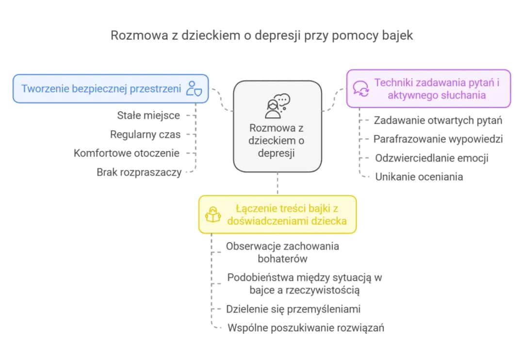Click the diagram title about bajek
(262, 35)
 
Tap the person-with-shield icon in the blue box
(194, 89)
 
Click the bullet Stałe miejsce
(148, 115)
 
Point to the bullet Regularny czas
(145, 134)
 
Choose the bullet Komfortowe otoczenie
(127, 153)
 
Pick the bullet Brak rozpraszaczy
(139, 172)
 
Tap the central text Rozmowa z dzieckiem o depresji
(277, 141)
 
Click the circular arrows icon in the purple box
(360, 88)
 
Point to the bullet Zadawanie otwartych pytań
(438, 120)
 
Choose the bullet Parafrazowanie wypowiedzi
(438, 139)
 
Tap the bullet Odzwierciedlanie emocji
(432, 158)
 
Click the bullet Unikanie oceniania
(419, 177)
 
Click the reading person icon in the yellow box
(213, 214)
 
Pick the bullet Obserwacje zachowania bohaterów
(282, 252)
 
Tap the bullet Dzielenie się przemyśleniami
(294, 309)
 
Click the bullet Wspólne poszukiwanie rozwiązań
(306, 328)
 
